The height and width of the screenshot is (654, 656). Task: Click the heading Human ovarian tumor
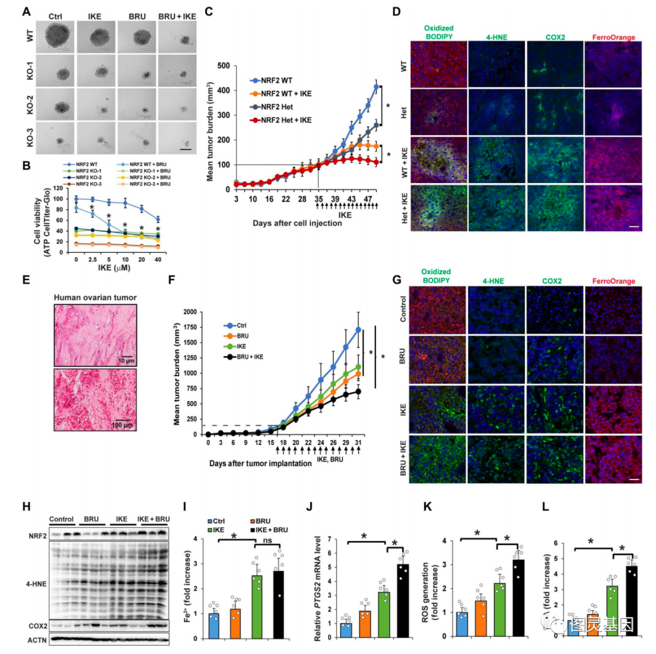95,297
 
